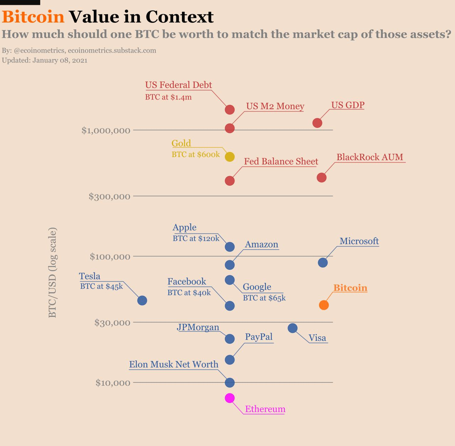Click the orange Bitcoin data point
coord(323,305)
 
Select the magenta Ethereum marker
coord(230,398)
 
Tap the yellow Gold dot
coord(230,157)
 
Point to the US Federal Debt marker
coord(230,110)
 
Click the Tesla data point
coord(142,300)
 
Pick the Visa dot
coord(293,328)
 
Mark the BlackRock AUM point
coord(321,177)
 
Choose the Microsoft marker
coord(322,262)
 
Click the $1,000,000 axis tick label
coord(106,130)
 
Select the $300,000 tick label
coord(109,196)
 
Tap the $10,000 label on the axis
coord(113,383)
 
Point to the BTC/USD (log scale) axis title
coord(52,272)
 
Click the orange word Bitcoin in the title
coord(33,17)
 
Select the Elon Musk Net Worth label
coord(173,364)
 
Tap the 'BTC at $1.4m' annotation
coord(168,97)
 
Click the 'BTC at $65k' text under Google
coord(264,298)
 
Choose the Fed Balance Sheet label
coord(281,161)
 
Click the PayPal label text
coord(259,337)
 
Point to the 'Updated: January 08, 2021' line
coord(44,60)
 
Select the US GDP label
coord(348,105)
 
